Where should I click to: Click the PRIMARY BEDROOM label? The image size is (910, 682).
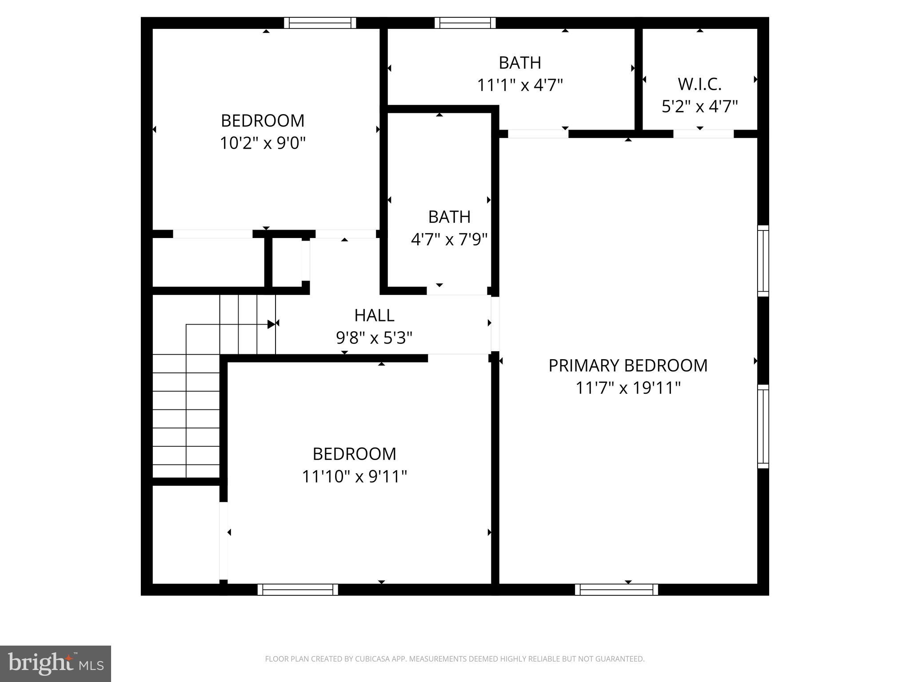click(x=627, y=365)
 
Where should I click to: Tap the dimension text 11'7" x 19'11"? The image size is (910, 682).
click(x=628, y=388)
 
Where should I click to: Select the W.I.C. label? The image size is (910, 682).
click(x=699, y=84)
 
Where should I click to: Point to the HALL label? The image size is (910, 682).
click(x=374, y=315)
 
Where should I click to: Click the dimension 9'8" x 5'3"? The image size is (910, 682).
click(x=374, y=338)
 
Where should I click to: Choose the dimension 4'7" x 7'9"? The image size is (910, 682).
click(x=449, y=240)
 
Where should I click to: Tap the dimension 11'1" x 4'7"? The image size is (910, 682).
click(x=520, y=85)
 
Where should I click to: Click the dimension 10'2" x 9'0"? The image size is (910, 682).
click(x=263, y=143)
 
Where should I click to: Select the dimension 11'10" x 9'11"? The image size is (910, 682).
click(x=354, y=477)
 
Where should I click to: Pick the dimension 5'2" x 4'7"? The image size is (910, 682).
click(x=699, y=107)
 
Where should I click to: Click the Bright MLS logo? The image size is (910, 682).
click(x=55, y=663)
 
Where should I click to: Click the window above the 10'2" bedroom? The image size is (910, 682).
click(x=320, y=23)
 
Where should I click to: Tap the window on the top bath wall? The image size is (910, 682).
click(x=465, y=23)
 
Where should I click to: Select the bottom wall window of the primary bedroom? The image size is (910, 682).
click(x=616, y=590)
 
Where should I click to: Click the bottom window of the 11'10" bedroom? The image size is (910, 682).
click(x=298, y=590)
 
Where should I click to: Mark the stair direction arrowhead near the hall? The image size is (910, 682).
click(x=271, y=324)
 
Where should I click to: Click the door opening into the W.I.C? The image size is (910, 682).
click(x=703, y=134)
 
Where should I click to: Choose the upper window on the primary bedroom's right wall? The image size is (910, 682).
click(x=763, y=261)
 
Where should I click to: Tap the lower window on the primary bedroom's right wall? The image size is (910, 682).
click(x=763, y=426)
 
